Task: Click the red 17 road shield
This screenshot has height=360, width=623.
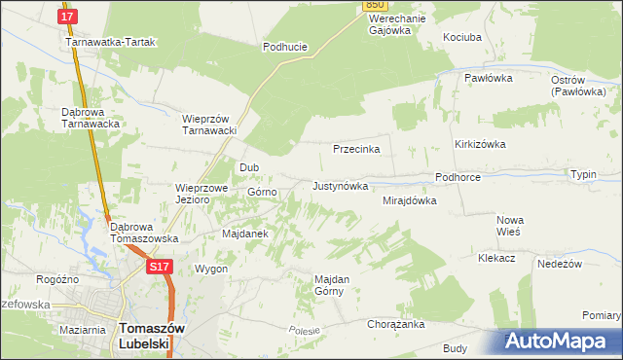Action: tap(67, 17)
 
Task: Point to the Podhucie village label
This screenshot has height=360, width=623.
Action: tap(285, 46)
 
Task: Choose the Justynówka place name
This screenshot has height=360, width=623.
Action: tap(340, 185)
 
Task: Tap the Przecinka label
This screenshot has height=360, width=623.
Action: tap(356, 150)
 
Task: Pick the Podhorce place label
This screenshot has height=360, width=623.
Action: tap(458, 178)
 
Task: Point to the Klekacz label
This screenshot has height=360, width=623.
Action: tap(497, 258)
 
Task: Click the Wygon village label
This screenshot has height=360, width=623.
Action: tap(211, 269)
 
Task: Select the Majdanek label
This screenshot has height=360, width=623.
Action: tap(245, 234)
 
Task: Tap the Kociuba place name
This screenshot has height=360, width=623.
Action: tap(462, 36)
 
